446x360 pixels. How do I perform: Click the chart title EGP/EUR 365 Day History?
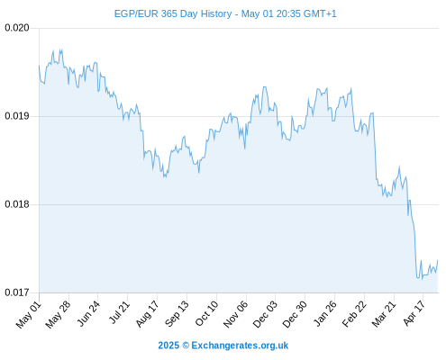tap(173, 13)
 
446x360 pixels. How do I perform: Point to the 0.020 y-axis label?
tap(17, 28)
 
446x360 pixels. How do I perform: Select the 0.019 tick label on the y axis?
tap(17, 116)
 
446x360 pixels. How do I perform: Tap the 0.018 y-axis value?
tap(17, 204)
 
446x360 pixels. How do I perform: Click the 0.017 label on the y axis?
tap(17, 292)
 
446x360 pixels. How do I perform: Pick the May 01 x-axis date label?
tap(29, 314)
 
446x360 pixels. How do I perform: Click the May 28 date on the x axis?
tap(59, 314)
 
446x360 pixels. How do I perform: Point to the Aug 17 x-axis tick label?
tap(147, 314)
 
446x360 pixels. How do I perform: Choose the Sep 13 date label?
tap(177, 314)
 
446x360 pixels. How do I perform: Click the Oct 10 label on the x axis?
tap(206, 314)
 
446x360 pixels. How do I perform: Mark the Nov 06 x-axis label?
tap(236, 314)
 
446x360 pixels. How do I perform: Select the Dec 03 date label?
tap(265, 314)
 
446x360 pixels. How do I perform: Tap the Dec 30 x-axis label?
tap(295, 314)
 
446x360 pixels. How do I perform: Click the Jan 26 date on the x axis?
tap(325, 314)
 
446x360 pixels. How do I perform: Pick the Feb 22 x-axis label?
tap(354, 314)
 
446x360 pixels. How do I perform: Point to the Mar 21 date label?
tap(384, 314)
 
